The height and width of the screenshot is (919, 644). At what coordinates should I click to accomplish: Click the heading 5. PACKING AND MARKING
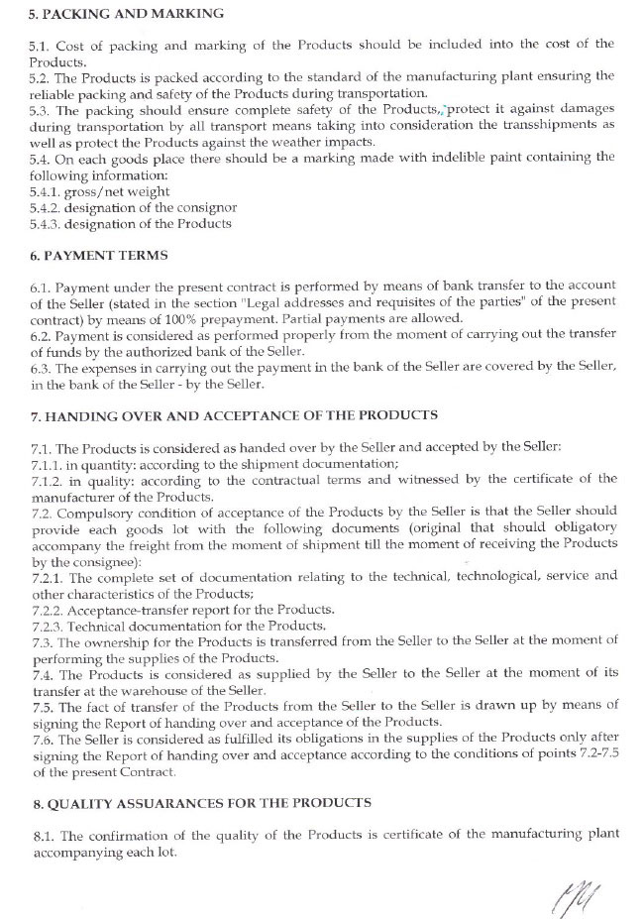click(127, 15)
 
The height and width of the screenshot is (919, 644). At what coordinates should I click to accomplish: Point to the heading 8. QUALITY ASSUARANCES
click(201, 802)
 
